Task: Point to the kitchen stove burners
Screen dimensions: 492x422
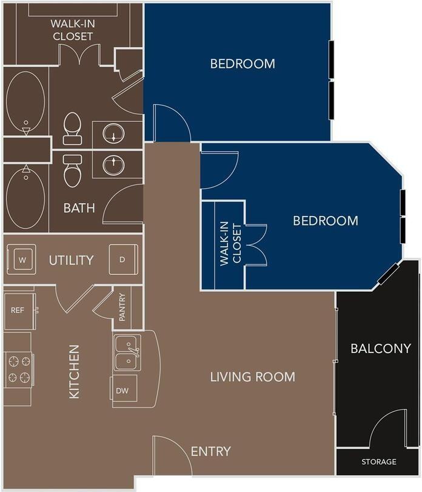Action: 18,369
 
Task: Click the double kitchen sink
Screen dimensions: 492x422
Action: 129,352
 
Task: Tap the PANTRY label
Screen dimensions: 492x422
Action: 122,307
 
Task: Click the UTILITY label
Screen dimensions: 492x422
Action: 72,260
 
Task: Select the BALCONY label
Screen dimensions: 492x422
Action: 381,349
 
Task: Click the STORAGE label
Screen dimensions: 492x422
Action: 379,462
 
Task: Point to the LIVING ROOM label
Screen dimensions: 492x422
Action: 252,377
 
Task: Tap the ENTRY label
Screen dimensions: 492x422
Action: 210,451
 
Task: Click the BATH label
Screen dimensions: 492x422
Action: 79,208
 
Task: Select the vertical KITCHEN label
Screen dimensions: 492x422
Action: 74,371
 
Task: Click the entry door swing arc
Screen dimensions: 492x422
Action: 172,455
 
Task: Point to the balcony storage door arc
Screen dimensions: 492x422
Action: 387,428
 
